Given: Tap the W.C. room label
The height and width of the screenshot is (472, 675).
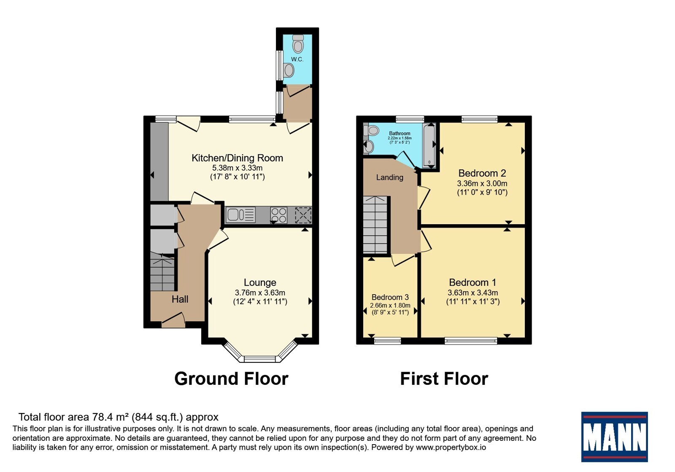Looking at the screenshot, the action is (297, 59).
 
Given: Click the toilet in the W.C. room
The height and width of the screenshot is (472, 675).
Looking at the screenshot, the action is (298, 44).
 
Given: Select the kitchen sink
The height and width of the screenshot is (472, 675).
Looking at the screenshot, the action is (240, 215).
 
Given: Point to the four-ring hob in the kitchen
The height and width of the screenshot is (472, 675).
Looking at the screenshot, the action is (278, 215).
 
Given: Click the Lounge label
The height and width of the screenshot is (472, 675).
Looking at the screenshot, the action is (260, 282).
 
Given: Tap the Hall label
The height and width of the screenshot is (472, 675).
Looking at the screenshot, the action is (180, 299).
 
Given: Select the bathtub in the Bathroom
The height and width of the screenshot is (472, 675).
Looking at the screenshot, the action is (429, 145).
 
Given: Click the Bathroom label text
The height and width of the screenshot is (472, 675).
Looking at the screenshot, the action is (400, 133).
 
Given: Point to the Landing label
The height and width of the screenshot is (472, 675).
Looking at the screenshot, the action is (390, 177).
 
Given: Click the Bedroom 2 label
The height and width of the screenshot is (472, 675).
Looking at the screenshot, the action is (482, 173).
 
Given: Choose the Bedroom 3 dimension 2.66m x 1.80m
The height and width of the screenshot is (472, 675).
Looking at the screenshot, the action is (390, 305).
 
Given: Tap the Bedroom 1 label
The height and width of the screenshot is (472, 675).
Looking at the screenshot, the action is (472, 282).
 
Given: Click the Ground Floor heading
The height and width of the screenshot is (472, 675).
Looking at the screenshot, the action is (232, 379).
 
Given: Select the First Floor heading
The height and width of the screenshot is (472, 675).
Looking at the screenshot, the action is (444, 379).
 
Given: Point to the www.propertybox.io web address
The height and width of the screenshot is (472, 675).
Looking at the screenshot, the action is (451, 447).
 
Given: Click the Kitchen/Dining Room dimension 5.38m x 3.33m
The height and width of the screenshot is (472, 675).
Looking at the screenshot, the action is (238, 168).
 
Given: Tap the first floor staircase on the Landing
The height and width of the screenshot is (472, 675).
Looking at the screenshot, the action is (375, 225).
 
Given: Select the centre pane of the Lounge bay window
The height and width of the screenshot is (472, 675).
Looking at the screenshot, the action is (259, 359).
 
